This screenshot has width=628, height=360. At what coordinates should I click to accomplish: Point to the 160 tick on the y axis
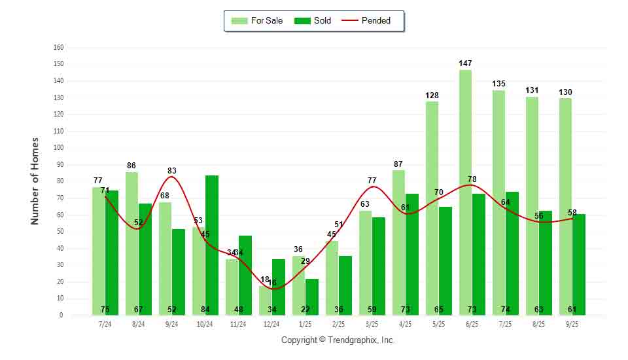click(x=59, y=48)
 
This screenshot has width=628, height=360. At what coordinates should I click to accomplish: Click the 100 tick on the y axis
click(x=59, y=148)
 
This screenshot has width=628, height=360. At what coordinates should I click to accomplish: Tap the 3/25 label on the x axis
click(x=372, y=324)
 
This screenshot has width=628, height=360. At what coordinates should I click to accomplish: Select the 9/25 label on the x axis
click(x=572, y=324)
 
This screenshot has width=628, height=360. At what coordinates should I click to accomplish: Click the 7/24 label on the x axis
click(x=105, y=324)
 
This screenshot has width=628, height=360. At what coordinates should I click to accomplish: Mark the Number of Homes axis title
click(x=35, y=181)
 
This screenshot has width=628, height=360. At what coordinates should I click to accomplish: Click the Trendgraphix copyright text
click(x=338, y=340)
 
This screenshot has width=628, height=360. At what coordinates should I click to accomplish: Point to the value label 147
click(x=465, y=63)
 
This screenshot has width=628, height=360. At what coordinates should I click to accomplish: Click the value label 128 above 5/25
click(x=432, y=96)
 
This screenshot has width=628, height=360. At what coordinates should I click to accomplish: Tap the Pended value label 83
click(x=171, y=171)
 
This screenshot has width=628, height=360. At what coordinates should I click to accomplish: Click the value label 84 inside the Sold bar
click(x=205, y=310)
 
